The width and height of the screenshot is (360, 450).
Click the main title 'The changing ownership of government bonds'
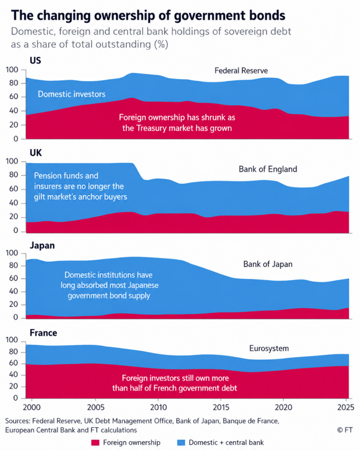[x=148, y=16]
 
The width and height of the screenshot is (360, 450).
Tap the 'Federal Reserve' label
[x=241, y=70]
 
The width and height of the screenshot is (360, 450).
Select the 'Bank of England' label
[x=268, y=169]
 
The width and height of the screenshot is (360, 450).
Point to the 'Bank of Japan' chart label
[x=268, y=264]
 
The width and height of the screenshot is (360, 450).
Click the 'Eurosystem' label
[x=269, y=348]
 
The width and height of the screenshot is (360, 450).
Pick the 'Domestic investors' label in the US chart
[x=72, y=94]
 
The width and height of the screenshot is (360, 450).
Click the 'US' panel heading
[x=35, y=61]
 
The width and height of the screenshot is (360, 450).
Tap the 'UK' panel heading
[x=36, y=153]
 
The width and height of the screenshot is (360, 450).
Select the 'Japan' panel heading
[x=42, y=246]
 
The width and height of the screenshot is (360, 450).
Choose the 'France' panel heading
[x=43, y=333]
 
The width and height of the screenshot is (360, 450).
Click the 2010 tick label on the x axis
[x=158, y=408]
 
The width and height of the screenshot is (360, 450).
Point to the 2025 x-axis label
[x=345, y=408]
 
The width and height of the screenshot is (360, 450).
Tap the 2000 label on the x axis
[x=32, y=408]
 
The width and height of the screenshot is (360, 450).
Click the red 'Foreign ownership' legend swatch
[x=95, y=443]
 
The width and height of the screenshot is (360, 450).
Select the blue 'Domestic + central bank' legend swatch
[x=181, y=443]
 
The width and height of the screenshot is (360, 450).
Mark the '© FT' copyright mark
[x=345, y=430]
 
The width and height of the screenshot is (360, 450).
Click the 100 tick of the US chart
[x=12, y=70]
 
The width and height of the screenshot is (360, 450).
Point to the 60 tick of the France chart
[x=14, y=363]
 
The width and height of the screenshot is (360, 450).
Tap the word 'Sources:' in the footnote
[x=17, y=421]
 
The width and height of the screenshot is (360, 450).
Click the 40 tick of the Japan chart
[x=14, y=291]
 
